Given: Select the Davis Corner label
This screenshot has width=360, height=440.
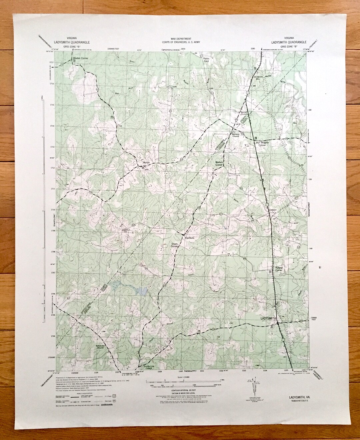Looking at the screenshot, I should click(176, 245).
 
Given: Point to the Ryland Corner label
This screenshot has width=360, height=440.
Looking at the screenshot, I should click(279, 269).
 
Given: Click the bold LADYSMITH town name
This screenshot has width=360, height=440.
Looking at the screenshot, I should click(268, 319).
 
